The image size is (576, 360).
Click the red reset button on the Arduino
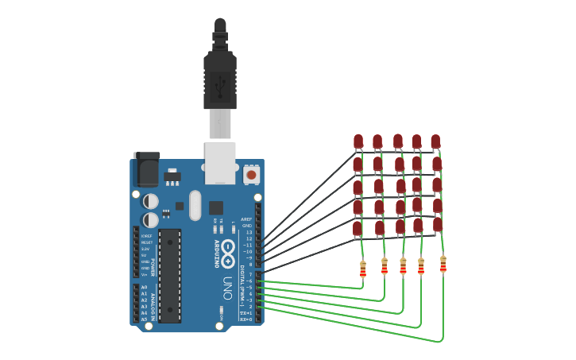tap(251, 174)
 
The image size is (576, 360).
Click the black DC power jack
tap(146, 169)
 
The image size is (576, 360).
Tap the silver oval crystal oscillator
tap(195, 205)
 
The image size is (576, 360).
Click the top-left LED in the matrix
tap(358, 141)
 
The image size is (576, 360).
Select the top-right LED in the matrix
tap(435, 141)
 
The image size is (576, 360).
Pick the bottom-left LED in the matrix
tap(358, 229)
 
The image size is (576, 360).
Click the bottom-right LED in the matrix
tap(438, 225)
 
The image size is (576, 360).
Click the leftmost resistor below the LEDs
tap(363, 269)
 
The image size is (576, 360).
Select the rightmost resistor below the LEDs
tap(443, 264)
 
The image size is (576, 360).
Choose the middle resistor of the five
tap(403, 266)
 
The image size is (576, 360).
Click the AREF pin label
tap(246, 219)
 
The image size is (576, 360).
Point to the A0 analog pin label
tap(144, 287)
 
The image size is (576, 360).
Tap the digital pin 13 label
tap(249, 232)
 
